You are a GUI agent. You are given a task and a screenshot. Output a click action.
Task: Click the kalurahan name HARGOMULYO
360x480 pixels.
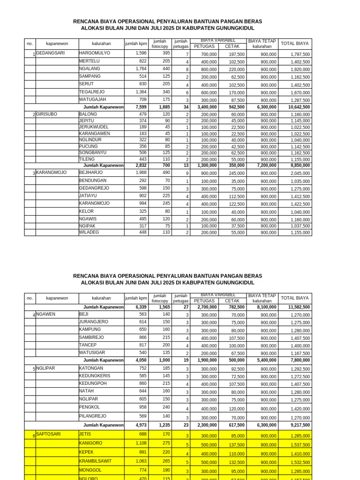tap(95, 53)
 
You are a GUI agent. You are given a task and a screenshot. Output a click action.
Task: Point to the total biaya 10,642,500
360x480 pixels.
tap(299, 107)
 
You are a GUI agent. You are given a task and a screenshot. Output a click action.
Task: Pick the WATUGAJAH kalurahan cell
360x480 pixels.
tap(93, 100)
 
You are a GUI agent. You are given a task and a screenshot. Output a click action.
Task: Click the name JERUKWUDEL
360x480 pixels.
tap(94, 127)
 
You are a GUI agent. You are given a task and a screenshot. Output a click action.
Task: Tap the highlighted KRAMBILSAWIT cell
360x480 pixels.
tap(95, 461)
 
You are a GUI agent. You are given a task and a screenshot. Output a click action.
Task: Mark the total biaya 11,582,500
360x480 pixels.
tap(299, 307)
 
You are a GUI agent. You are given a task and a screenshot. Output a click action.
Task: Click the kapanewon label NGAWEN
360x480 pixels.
tap(45, 315)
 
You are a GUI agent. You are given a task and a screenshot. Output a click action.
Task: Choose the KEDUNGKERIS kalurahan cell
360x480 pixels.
tap(95, 376)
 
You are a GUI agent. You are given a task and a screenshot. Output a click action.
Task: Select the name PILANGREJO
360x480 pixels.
tap(93, 416)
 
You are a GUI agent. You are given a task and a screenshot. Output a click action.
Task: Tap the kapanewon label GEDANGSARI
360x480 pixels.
tap(50, 53)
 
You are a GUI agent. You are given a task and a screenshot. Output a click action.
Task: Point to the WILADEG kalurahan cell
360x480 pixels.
tap(89, 232)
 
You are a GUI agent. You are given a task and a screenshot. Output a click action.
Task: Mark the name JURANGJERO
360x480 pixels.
tap(94, 322)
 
